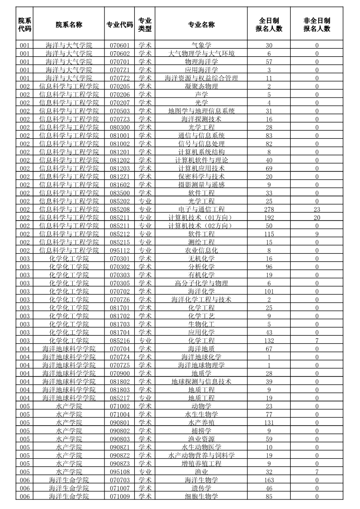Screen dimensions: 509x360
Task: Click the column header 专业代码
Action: click(119, 24)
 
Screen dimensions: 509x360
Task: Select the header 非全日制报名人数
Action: click(317, 24)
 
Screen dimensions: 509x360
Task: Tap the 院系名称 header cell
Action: click(69, 24)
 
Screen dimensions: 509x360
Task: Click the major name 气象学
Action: click(202, 45)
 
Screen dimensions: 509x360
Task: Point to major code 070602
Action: click(119, 54)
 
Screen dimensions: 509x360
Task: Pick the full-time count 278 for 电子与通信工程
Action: click(269, 210)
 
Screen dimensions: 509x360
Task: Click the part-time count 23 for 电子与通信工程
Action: click(317, 210)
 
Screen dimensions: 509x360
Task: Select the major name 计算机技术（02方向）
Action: click(202, 226)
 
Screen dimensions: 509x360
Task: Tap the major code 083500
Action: click(119, 193)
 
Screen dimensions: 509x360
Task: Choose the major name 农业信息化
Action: click(202, 250)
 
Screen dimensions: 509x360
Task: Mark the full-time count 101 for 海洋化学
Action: click(269, 291)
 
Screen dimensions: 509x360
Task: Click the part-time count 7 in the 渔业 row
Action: click(317, 472)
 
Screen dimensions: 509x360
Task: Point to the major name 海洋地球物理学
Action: click(202, 365)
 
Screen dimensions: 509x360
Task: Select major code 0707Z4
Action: click(119, 357)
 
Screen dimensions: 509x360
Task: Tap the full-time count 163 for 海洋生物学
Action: click(269, 480)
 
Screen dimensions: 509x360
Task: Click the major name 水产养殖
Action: click(202, 422)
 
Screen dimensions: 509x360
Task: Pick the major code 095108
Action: click(119, 472)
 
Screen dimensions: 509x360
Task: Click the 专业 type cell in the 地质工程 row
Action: click(145, 398)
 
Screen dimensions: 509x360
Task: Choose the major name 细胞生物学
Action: click(202, 496)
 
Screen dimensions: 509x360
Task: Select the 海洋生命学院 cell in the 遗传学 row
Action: click(69, 488)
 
